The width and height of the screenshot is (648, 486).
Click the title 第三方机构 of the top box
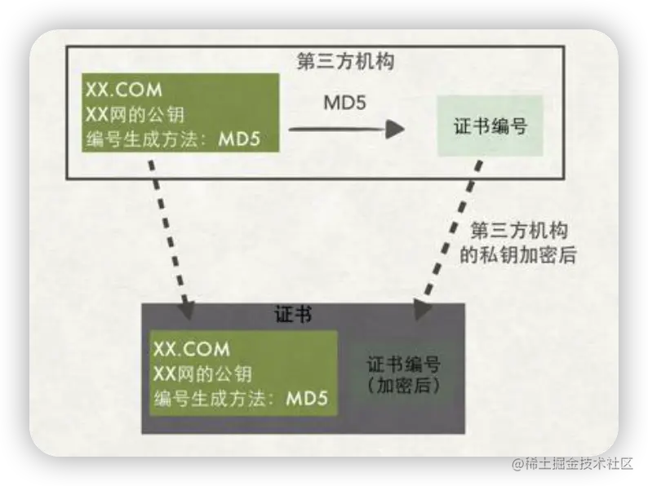pos(344,61)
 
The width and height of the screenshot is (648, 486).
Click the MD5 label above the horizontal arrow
pos(344,103)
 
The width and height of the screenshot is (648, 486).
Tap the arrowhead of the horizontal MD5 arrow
pos(396,128)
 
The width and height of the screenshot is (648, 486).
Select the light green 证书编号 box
pos(488,126)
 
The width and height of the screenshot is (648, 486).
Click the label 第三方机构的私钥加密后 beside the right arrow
pos(519,242)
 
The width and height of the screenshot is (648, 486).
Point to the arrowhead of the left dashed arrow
pos(187,310)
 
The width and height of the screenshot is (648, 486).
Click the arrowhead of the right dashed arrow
pos(422,310)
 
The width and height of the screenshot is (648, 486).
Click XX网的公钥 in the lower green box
pos(202,374)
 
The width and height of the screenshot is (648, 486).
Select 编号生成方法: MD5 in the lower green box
pos(241,400)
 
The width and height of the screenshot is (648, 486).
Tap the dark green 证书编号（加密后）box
pos(405,373)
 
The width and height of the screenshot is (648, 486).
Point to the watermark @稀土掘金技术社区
pos(571,462)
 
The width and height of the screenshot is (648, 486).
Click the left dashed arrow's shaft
pos(170,232)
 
